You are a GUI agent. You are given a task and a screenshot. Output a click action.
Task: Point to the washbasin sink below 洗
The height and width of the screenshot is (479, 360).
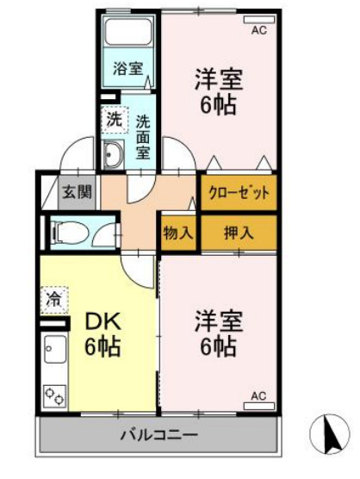pyautogui.click(x=113, y=155)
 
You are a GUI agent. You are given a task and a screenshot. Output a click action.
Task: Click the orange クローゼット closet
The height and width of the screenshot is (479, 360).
pyautogui.click(x=239, y=192)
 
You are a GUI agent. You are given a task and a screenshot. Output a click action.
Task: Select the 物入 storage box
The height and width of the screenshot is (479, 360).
pyautogui.click(x=178, y=232)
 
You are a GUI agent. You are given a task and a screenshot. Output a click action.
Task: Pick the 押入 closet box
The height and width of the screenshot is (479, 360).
pyautogui.click(x=239, y=232)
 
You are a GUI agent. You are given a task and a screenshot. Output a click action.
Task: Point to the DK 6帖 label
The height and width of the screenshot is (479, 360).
pyautogui.click(x=101, y=336)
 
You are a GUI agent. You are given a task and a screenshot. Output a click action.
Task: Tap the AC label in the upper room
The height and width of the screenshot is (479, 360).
pyautogui.click(x=258, y=30)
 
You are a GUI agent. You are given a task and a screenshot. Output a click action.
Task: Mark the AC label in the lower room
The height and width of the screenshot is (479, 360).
pyautogui.click(x=258, y=395)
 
